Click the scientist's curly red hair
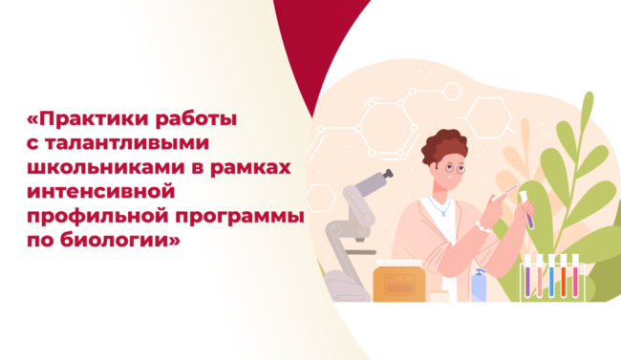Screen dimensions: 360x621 [445, 143]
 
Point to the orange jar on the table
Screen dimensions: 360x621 [396, 281]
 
